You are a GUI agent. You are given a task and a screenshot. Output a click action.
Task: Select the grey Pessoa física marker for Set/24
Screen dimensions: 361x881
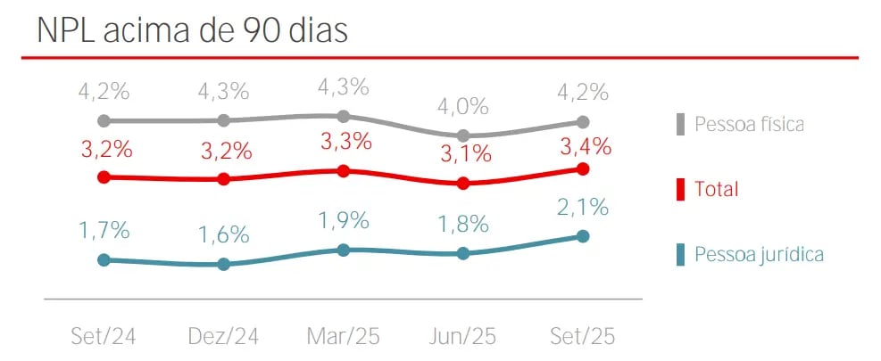(104, 120)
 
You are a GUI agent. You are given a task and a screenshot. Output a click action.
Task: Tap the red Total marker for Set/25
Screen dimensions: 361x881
(583, 168)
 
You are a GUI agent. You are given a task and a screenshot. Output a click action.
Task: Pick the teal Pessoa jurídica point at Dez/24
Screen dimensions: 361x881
(224, 264)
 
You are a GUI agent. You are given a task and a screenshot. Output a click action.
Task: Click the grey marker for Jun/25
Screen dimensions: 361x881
(463, 135)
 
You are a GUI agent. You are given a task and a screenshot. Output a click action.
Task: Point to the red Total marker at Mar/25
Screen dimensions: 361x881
(344, 170)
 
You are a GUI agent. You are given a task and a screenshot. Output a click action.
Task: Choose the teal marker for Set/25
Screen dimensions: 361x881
(583, 236)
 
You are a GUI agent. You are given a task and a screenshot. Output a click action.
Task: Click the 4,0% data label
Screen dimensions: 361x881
(463, 107)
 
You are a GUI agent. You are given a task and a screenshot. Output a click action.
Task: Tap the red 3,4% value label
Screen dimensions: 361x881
(583, 145)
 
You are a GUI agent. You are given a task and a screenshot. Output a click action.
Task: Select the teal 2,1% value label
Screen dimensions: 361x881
(583, 208)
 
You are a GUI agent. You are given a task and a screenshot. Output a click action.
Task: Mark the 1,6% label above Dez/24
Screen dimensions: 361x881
(224, 235)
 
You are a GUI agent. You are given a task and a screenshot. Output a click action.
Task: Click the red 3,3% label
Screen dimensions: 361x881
(344, 142)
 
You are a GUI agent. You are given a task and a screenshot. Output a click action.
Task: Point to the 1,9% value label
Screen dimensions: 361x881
(344, 221)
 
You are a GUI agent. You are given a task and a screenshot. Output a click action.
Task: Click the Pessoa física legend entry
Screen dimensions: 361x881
(749, 124)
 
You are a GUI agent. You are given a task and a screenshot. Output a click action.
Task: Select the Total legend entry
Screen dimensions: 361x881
(718, 189)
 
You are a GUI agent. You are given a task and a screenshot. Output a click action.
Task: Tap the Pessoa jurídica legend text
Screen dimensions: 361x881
(759, 255)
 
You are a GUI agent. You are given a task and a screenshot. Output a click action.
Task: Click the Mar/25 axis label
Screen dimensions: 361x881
(344, 336)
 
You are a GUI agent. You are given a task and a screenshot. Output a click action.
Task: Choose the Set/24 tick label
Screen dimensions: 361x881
(104, 336)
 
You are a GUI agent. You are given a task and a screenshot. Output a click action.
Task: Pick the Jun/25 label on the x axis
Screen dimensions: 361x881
(463, 336)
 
